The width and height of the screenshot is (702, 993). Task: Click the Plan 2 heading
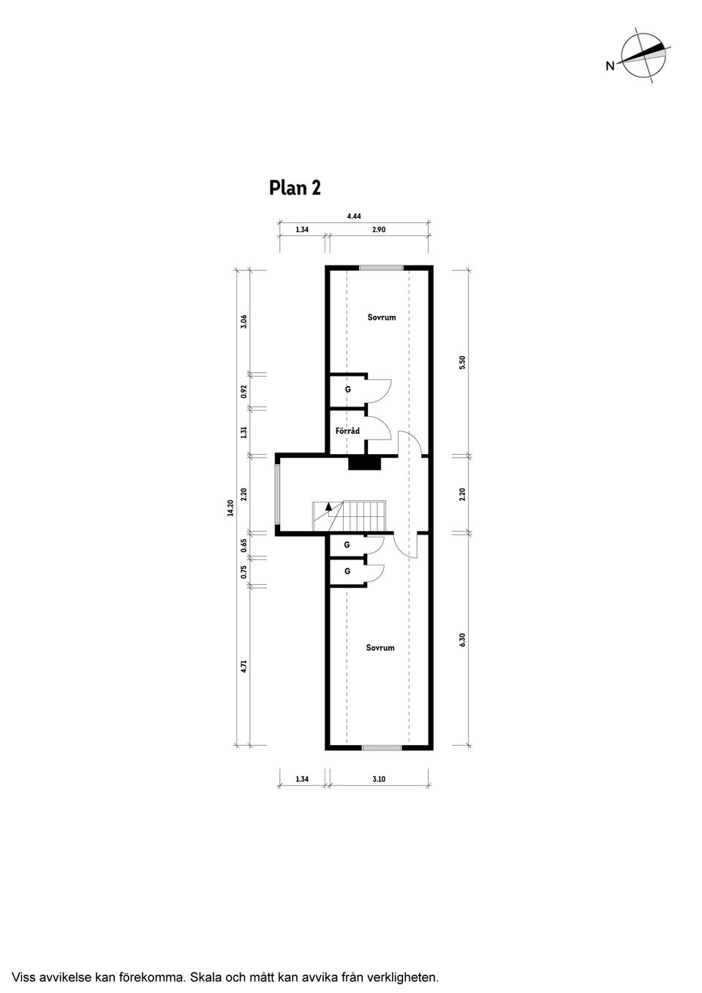pos(295,188)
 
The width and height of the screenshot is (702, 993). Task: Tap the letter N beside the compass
pos(610,66)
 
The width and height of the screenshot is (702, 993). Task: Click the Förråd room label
pos(347,431)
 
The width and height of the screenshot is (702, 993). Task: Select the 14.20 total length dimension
pos(230,507)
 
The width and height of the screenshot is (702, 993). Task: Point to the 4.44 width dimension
pos(354,216)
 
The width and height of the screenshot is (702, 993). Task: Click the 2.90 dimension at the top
pos(379,230)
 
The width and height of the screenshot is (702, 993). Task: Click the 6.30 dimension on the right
pos(463,640)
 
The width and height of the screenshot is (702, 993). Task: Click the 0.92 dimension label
pos(244,391)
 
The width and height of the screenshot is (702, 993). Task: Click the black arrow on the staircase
pos(328,505)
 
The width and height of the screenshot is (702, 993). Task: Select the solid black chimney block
pos(365,463)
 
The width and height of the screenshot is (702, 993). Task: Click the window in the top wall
pos(381,268)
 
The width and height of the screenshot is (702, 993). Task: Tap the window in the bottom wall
pos(382,747)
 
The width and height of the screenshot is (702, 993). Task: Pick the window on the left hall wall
pos(277,494)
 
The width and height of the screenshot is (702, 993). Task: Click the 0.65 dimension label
pos(244,545)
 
